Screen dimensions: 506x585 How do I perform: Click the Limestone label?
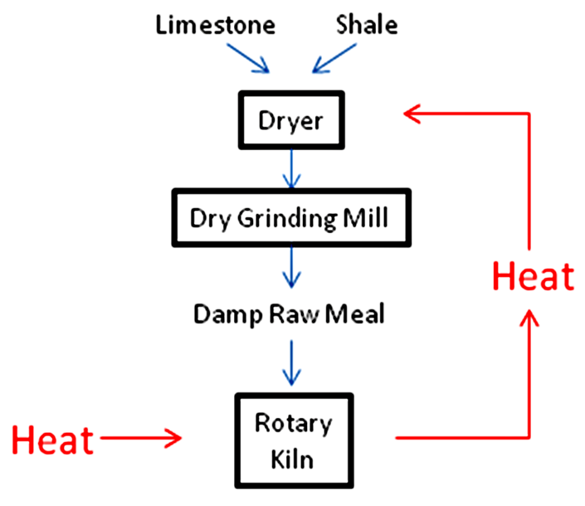216,26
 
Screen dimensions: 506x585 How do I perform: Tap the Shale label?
367,26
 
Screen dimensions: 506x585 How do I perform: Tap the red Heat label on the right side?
532,276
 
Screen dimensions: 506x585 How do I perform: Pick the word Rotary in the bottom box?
293,424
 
